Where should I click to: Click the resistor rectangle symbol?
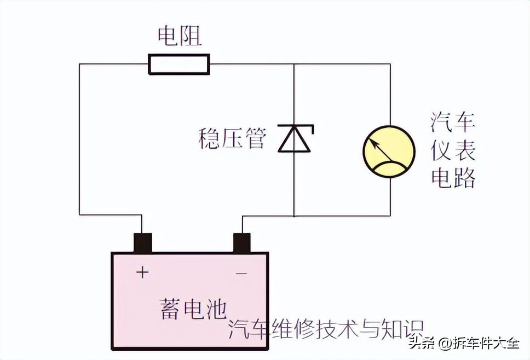(178, 64)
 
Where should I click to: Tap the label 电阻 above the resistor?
(180, 36)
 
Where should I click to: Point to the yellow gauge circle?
(389, 151)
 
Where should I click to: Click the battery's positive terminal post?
(142, 243)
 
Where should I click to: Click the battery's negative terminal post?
(242, 243)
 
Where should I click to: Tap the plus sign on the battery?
(142, 272)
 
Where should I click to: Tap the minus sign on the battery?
(241, 272)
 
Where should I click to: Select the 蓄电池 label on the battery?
(193, 308)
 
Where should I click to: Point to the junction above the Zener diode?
(295, 64)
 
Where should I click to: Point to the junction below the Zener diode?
(295, 216)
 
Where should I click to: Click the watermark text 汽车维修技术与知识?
(326, 328)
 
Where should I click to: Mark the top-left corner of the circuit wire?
(80, 64)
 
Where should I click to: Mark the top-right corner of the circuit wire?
(390, 64)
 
